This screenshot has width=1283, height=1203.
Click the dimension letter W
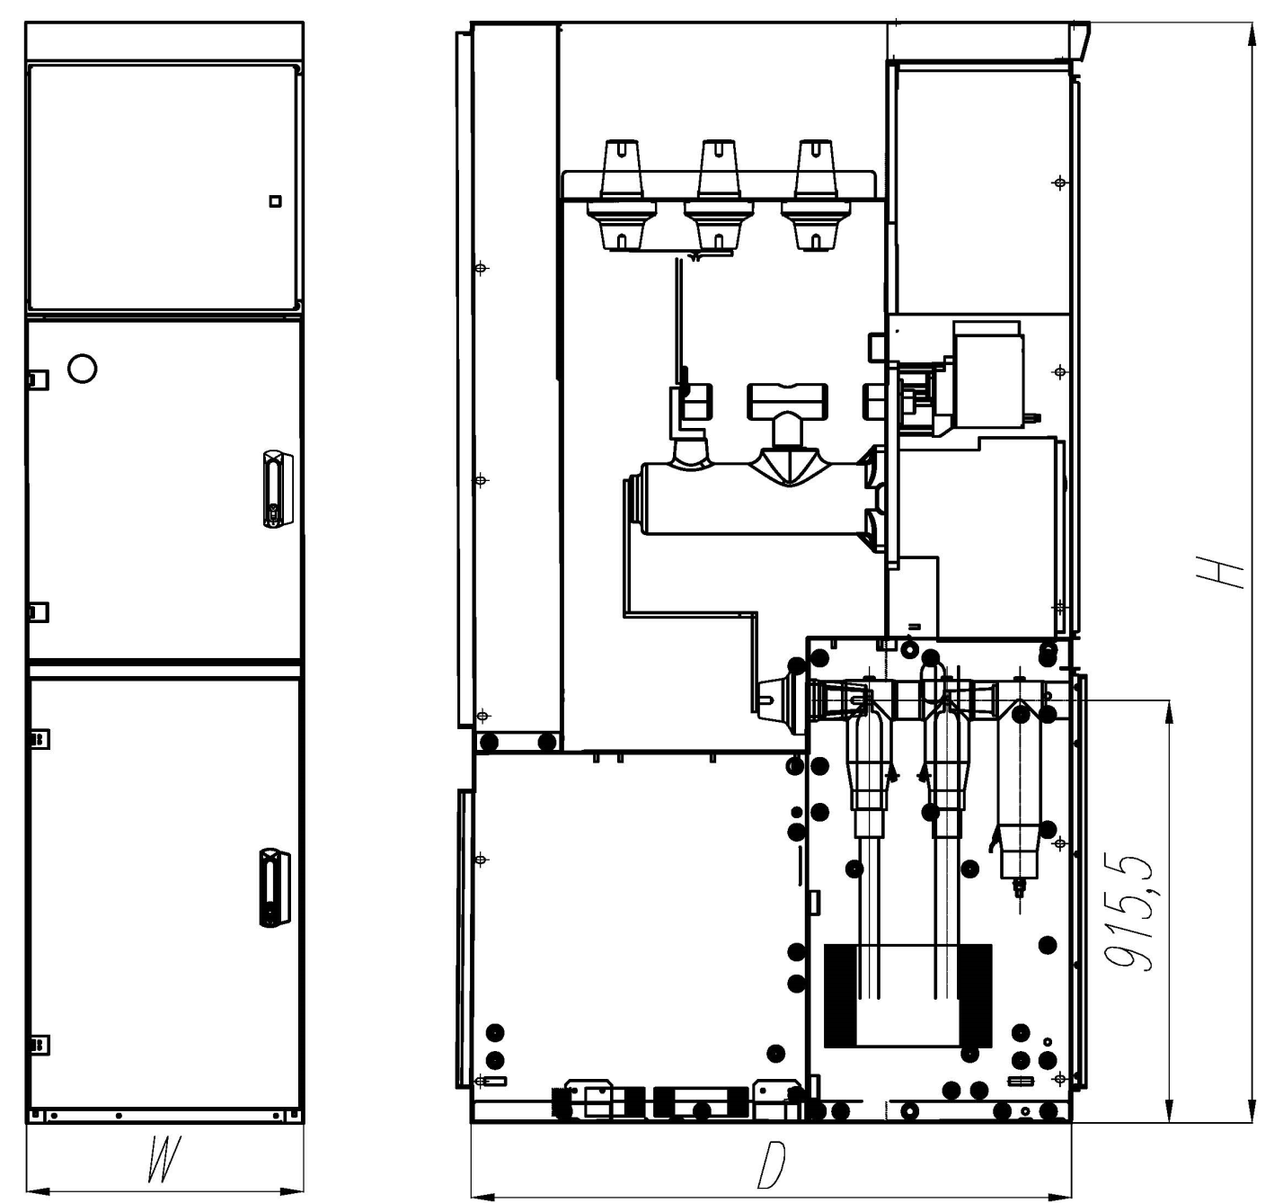[164, 1159]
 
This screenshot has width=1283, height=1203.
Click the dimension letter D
[772, 1165]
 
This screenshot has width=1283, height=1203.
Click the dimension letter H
[1220, 572]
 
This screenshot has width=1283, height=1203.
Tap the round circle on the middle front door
[82, 369]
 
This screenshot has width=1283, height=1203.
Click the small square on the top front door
[275, 201]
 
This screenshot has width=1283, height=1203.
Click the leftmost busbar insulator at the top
[622, 195]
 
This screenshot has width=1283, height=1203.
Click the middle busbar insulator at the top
[719, 195]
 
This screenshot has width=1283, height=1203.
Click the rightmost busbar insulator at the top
[816, 195]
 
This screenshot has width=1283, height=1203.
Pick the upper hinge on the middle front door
[38, 379]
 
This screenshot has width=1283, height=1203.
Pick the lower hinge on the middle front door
[38, 612]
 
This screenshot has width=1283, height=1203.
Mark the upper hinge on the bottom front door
[40, 739]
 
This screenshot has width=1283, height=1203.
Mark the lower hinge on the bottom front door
[40, 1045]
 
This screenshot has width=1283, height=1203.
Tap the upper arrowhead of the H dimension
[1252, 32]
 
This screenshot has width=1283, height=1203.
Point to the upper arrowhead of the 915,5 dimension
[1169, 711]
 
